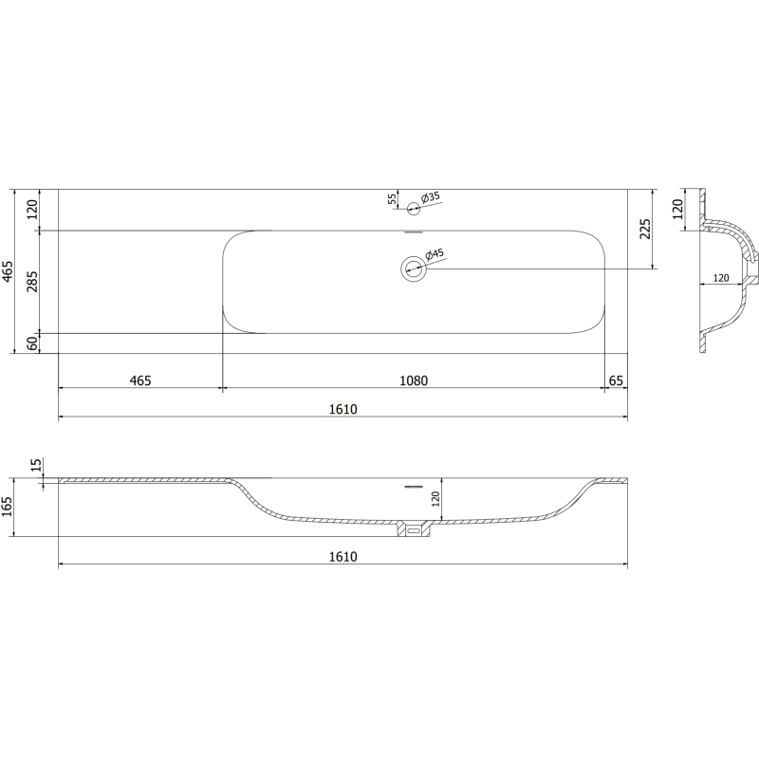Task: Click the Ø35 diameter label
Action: click(431, 197)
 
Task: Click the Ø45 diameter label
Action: click(435, 254)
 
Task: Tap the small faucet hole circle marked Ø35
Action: click(413, 209)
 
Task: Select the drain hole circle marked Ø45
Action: click(413, 268)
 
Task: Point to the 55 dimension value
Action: click(392, 198)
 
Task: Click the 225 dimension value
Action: click(645, 229)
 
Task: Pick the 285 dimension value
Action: click(32, 281)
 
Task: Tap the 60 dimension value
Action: click(32, 343)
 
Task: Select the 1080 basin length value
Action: click(414, 381)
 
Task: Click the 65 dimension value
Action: click(616, 381)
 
